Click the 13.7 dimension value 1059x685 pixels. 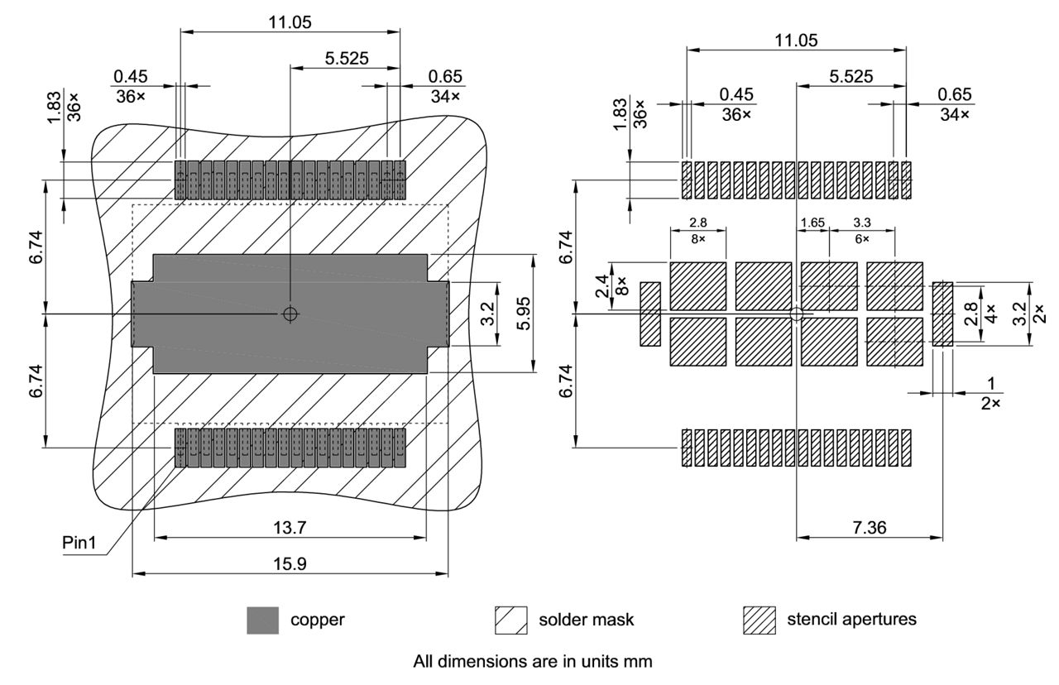(x=290, y=528)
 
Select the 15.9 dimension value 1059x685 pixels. (x=290, y=563)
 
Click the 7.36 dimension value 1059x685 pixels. (x=869, y=528)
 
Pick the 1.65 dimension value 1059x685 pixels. (x=812, y=223)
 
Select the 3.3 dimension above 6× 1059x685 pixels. (x=860, y=223)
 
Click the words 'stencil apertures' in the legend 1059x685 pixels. (x=851, y=619)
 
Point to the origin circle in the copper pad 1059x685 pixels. (x=290, y=314)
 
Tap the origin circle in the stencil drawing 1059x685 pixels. (x=796, y=314)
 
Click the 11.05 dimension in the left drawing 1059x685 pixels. (x=290, y=22)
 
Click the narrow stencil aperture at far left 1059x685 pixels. (x=650, y=314)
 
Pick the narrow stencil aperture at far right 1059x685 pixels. (x=942, y=314)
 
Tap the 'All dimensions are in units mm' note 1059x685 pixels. (x=533, y=662)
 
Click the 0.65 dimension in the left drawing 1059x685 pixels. (x=446, y=76)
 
